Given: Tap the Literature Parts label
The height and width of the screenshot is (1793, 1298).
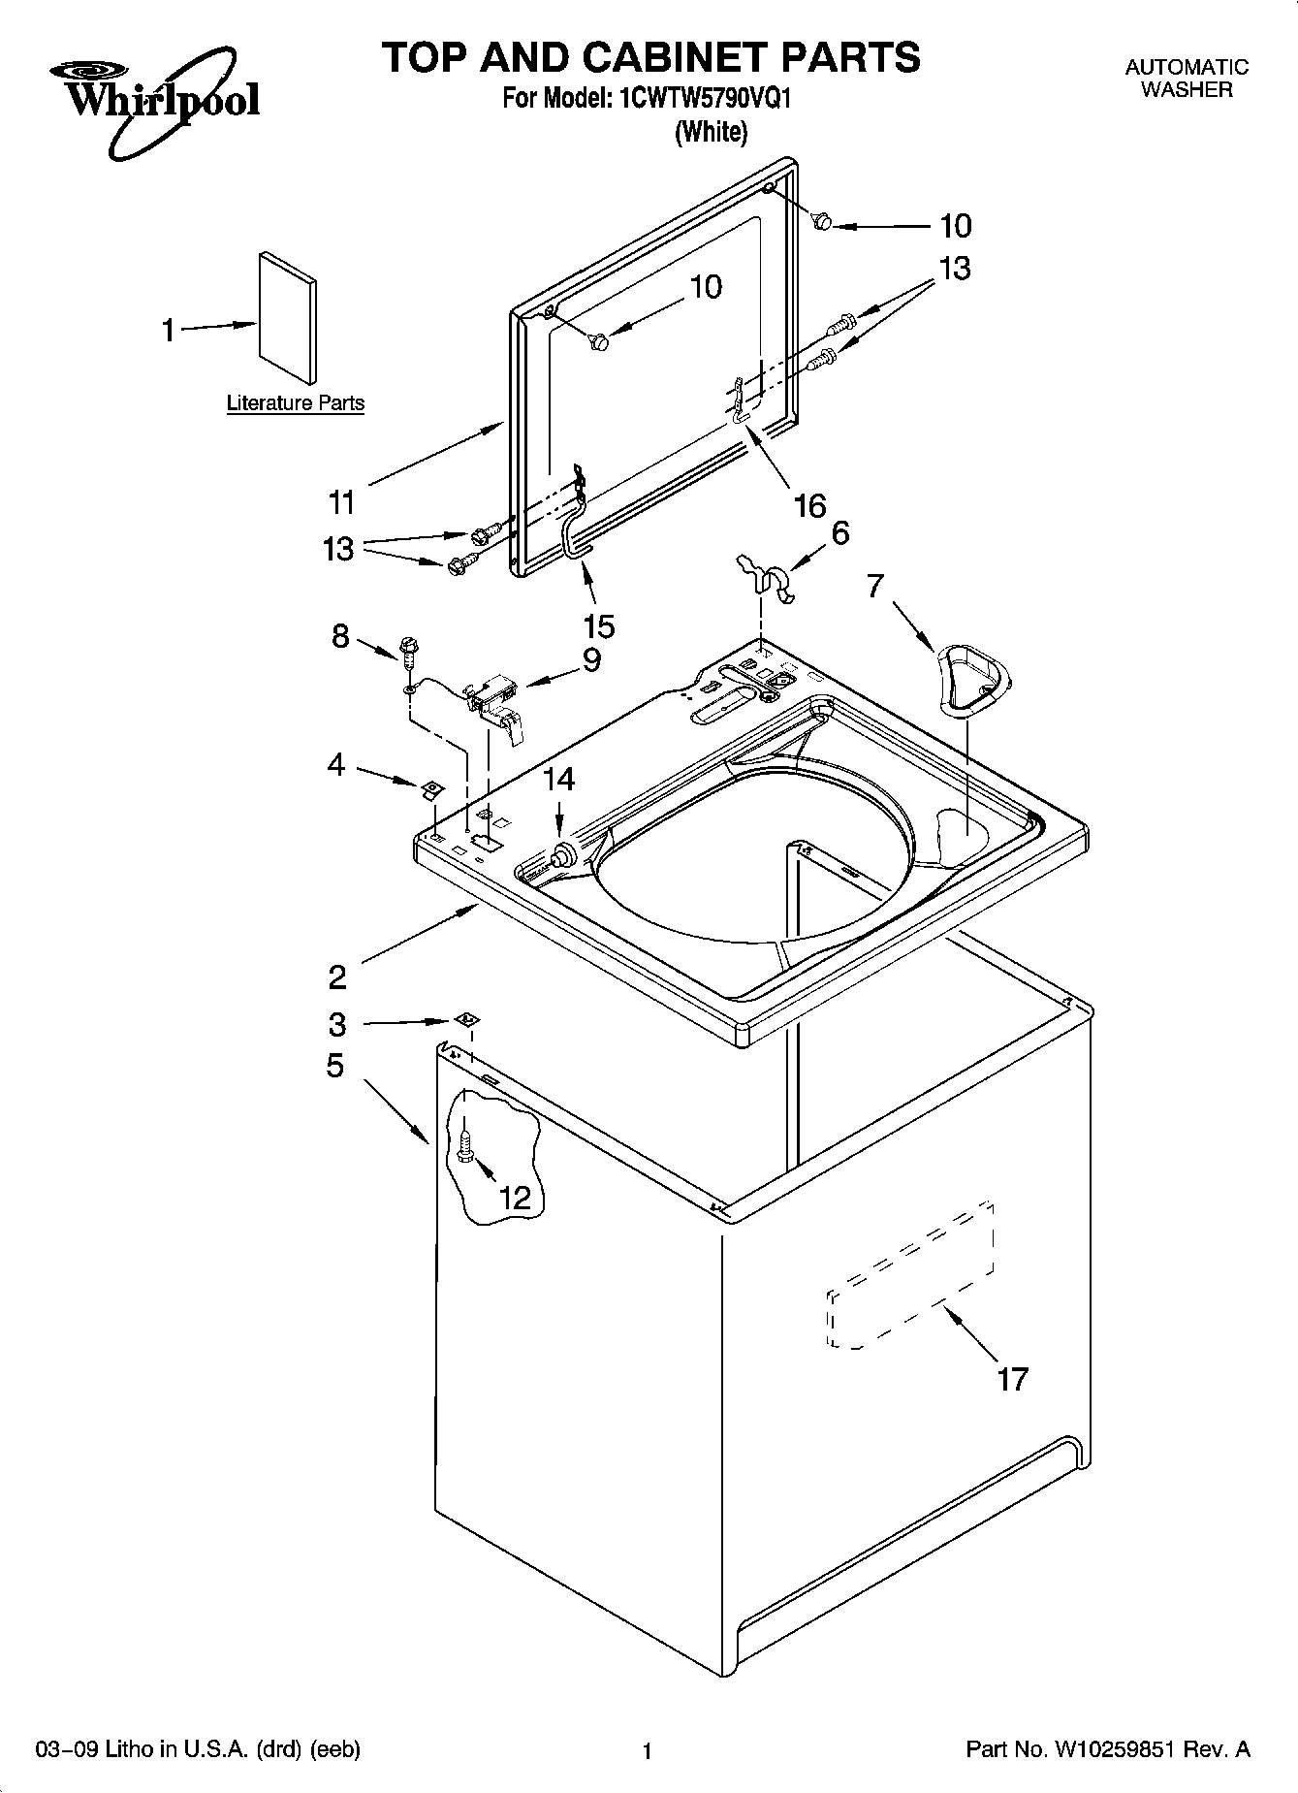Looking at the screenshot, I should [296, 403].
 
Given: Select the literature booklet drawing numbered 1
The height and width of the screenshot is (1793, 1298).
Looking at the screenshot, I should [287, 319].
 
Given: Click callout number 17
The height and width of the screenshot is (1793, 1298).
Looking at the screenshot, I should [1012, 1378].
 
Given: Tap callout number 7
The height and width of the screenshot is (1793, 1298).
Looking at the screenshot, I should [875, 587].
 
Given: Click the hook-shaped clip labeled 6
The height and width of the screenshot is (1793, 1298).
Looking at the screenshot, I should [766, 576].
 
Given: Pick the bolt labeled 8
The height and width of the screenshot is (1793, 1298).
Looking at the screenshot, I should [408, 650].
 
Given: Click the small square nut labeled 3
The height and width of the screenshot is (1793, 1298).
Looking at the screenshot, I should [467, 1019].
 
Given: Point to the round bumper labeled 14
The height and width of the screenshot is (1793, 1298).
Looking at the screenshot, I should [561, 855].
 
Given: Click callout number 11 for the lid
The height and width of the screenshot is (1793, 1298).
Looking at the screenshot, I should [341, 502].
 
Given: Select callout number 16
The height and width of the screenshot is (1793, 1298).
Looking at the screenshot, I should [809, 504].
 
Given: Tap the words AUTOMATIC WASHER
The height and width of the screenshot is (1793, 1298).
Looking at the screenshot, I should [1186, 79].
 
